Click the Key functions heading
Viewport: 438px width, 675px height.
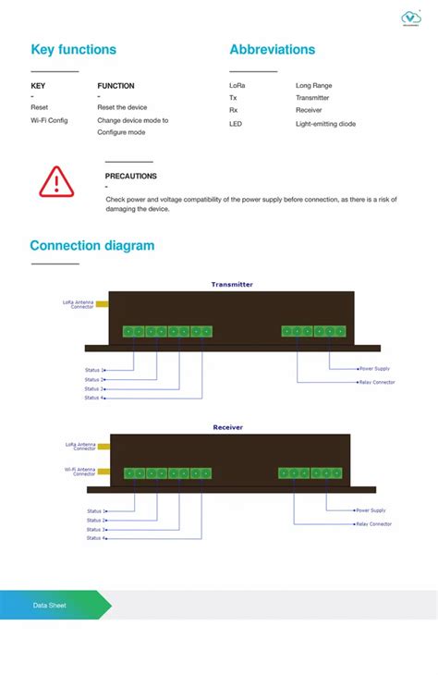tap(73, 50)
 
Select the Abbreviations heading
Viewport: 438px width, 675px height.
tap(272, 50)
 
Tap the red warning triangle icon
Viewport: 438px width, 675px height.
tap(55, 180)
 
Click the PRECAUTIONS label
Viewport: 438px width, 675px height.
tap(130, 176)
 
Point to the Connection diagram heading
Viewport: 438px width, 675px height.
tap(91, 246)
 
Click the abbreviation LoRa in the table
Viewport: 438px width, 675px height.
tap(237, 85)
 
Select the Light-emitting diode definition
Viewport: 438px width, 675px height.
tap(325, 124)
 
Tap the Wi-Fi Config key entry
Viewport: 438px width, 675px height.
tap(49, 120)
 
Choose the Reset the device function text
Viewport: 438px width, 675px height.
tap(122, 107)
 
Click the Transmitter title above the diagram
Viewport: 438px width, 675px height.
tap(231, 285)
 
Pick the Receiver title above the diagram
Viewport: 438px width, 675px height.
tap(228, 427)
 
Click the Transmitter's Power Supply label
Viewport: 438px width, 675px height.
tap(374, 369)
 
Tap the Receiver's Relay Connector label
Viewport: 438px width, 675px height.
tap(373, 524)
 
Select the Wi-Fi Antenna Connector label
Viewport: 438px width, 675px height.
tap(79, 471)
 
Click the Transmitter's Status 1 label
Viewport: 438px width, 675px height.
tap(94, 370)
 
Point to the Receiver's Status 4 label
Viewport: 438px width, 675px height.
tap(96, 538)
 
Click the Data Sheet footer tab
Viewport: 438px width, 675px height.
tap(50, 605)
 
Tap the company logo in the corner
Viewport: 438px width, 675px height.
tap(411, 18)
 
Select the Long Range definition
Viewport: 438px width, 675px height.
tap(313, 85)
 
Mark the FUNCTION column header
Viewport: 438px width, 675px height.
tap(116, 86)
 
